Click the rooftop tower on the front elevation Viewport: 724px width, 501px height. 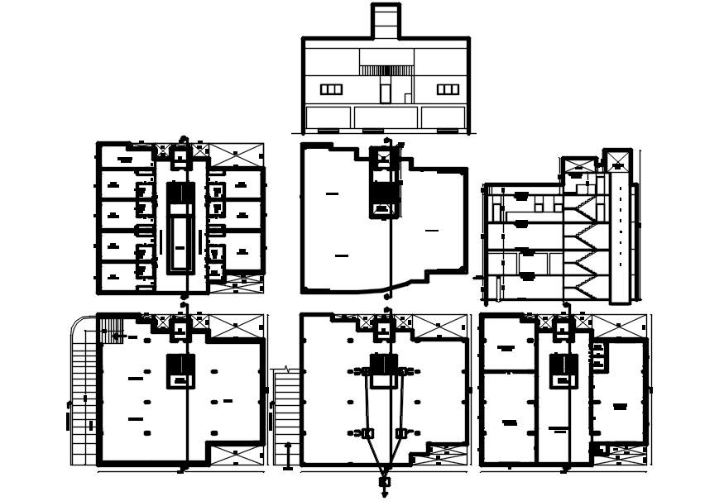click(x=386, y=21)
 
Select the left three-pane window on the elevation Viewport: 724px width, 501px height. click(x=331, y=89)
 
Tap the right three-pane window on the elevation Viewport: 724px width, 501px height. click(x=448, y=89)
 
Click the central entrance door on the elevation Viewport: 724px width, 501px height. click(x=386, y=91)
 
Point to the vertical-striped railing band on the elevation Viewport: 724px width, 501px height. click(x=386, y=70)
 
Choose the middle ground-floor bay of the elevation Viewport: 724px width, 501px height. click(x=386, y=117)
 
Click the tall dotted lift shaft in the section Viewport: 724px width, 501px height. click(x=618, y=223)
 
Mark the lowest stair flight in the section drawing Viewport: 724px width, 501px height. click(x=582, y=285)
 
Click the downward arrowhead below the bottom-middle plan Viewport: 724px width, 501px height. click(x=385, y=494)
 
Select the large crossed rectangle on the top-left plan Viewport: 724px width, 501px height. click(x=235, y=155)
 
